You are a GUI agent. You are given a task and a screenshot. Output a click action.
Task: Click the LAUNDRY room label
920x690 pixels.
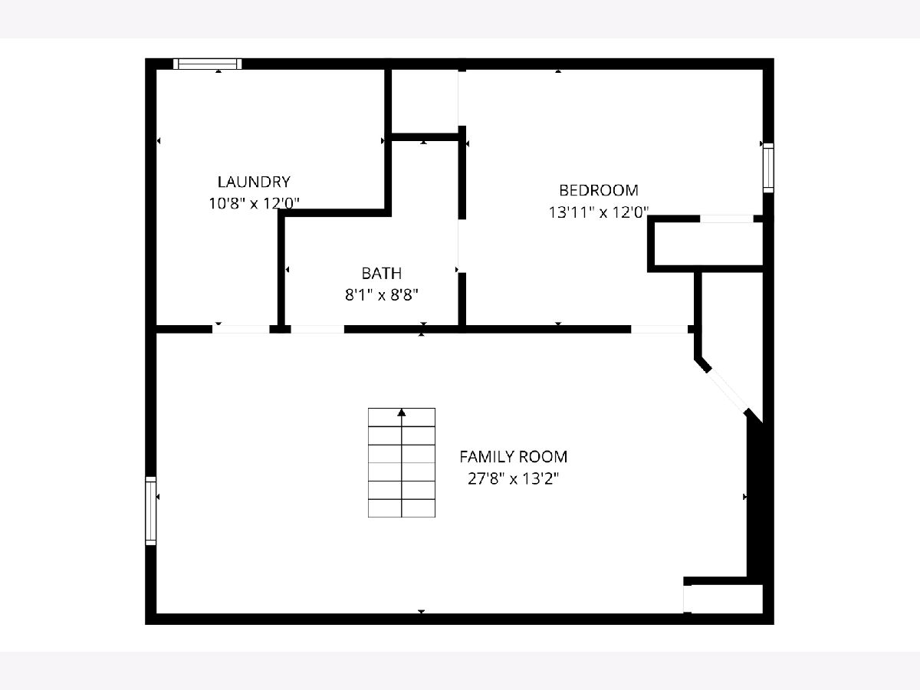(254, 182)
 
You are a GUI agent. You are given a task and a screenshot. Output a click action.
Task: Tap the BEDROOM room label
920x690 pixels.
(599, 191)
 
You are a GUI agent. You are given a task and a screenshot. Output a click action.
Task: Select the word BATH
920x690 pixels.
(381, 273)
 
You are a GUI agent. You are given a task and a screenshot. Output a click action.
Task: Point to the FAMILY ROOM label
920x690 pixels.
(514, 457)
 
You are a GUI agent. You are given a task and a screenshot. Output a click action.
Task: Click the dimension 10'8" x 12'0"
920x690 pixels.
(254, 204)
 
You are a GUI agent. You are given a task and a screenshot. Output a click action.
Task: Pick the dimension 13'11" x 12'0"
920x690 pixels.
(599, 212)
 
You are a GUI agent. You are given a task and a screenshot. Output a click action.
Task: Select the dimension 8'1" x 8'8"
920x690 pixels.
(381, 295)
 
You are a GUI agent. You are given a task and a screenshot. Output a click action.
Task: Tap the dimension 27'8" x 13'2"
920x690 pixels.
(514, 478)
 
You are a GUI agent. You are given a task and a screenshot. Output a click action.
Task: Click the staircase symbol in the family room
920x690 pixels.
(402, 462)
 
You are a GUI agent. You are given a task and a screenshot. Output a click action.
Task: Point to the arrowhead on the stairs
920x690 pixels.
(402, 412)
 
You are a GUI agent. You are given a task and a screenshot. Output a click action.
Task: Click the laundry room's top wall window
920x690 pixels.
(208, 64)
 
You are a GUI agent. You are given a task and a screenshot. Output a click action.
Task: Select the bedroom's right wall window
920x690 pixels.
(768, 168)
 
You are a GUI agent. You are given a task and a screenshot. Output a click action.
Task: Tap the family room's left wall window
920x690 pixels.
(150, 511)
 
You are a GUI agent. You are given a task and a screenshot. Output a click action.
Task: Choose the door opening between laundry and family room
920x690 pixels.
(241, 330)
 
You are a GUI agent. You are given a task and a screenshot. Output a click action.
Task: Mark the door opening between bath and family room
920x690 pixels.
(317, 330)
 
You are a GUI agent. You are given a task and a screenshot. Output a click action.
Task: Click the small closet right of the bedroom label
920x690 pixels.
(708, 243)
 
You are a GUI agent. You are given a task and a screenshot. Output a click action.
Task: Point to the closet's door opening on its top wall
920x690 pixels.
(726, 219)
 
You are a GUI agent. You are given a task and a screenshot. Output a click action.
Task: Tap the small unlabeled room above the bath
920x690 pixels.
(425, 101)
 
